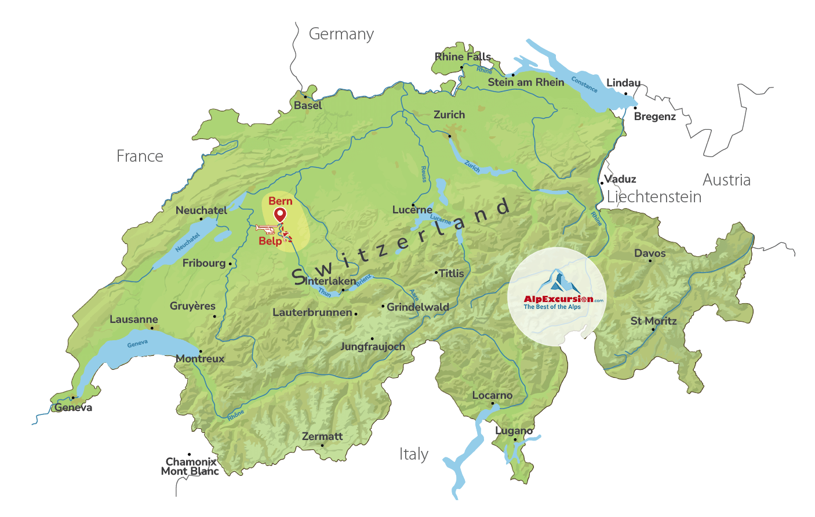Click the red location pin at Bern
tap(280, 215)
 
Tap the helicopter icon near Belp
tap(265, 228)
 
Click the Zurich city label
tap(449, 115)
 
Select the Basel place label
tap(308, 105)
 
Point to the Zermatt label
tap(322, 436)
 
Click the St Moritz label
tap(653, 321)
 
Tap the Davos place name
tap(650, 253)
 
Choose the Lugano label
tap(514, 431)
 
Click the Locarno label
tap(492, 395)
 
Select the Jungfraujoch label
tap(373, 347)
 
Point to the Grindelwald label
tap(417, 307)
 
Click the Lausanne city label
tap(134, 319)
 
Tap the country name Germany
tap(341, 34)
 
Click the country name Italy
tap(413, 454)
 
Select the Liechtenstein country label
tap(654, 197)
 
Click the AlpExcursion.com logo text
tap(558, 299)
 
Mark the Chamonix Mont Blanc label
tap(190, 467)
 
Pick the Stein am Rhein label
tap(526, 82)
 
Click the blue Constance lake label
tap(584, 85)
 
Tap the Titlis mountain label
tap(452, 273)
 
